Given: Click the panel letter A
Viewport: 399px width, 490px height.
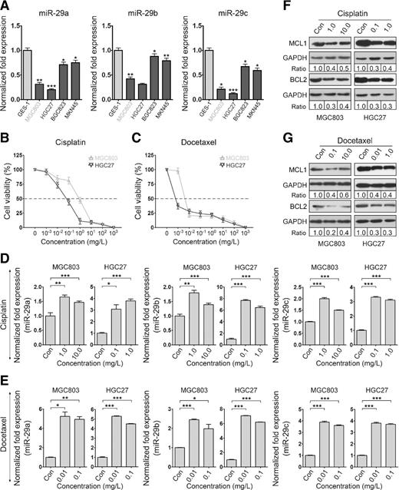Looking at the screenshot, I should coord(6,6).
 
